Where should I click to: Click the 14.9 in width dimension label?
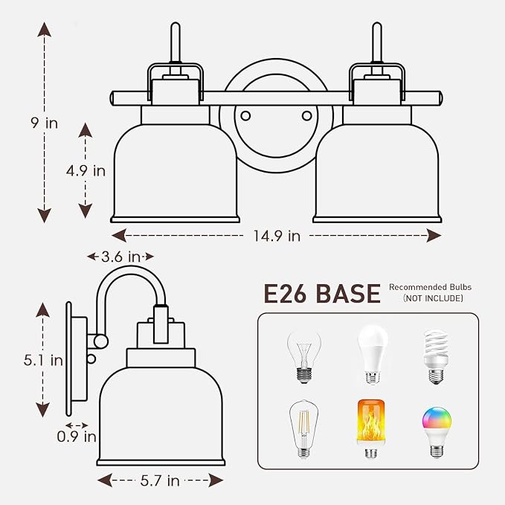click(x=277, y=236)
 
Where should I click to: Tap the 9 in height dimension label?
click(x=45, y=123)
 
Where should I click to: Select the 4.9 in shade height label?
click(x=86, y=171)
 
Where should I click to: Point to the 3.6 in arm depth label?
click(x=120, y=257)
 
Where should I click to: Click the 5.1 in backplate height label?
click(x=43, y=360)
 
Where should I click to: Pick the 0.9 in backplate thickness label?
click(x=77, y=437)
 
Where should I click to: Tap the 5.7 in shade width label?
click(x=160, y=481)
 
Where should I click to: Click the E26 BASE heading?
click(x=322, y=293)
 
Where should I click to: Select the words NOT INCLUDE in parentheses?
click(x=433, y=298)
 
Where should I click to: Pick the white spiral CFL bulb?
click(x=436, y=356)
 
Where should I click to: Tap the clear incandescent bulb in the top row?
click(x=304, y=357)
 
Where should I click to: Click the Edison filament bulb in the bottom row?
click(x=303, y=428)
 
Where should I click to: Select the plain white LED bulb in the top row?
click(x=373, y=354)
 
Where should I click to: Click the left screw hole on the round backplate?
click(x=245, y=115)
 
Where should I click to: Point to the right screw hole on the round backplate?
click(x=306, y=115)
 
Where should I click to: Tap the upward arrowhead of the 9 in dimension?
click(x=45, y=29)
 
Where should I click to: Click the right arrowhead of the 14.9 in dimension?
click(x=434, y=236)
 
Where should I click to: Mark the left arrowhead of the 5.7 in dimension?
click(x=105, y=480)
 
